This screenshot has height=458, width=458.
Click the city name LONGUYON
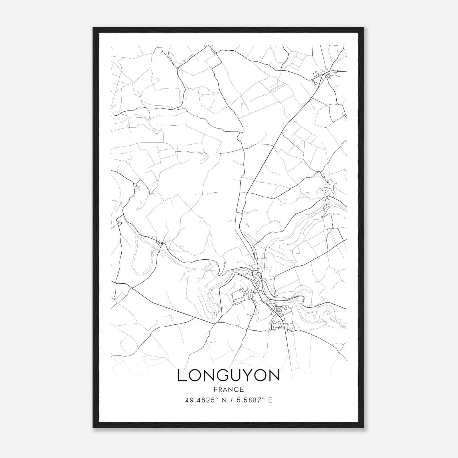click(x=228, y=376)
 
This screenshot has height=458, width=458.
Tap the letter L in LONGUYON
click(x=182, y=376)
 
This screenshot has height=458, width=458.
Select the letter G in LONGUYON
click(x=224, y=376)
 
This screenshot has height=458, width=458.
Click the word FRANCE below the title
click(x=228, y=390)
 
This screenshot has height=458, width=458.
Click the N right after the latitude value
click(x=225, y=400)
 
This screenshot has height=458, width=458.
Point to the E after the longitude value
click(x=270, y=400)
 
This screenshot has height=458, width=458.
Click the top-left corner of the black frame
click(x=94, y=28)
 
